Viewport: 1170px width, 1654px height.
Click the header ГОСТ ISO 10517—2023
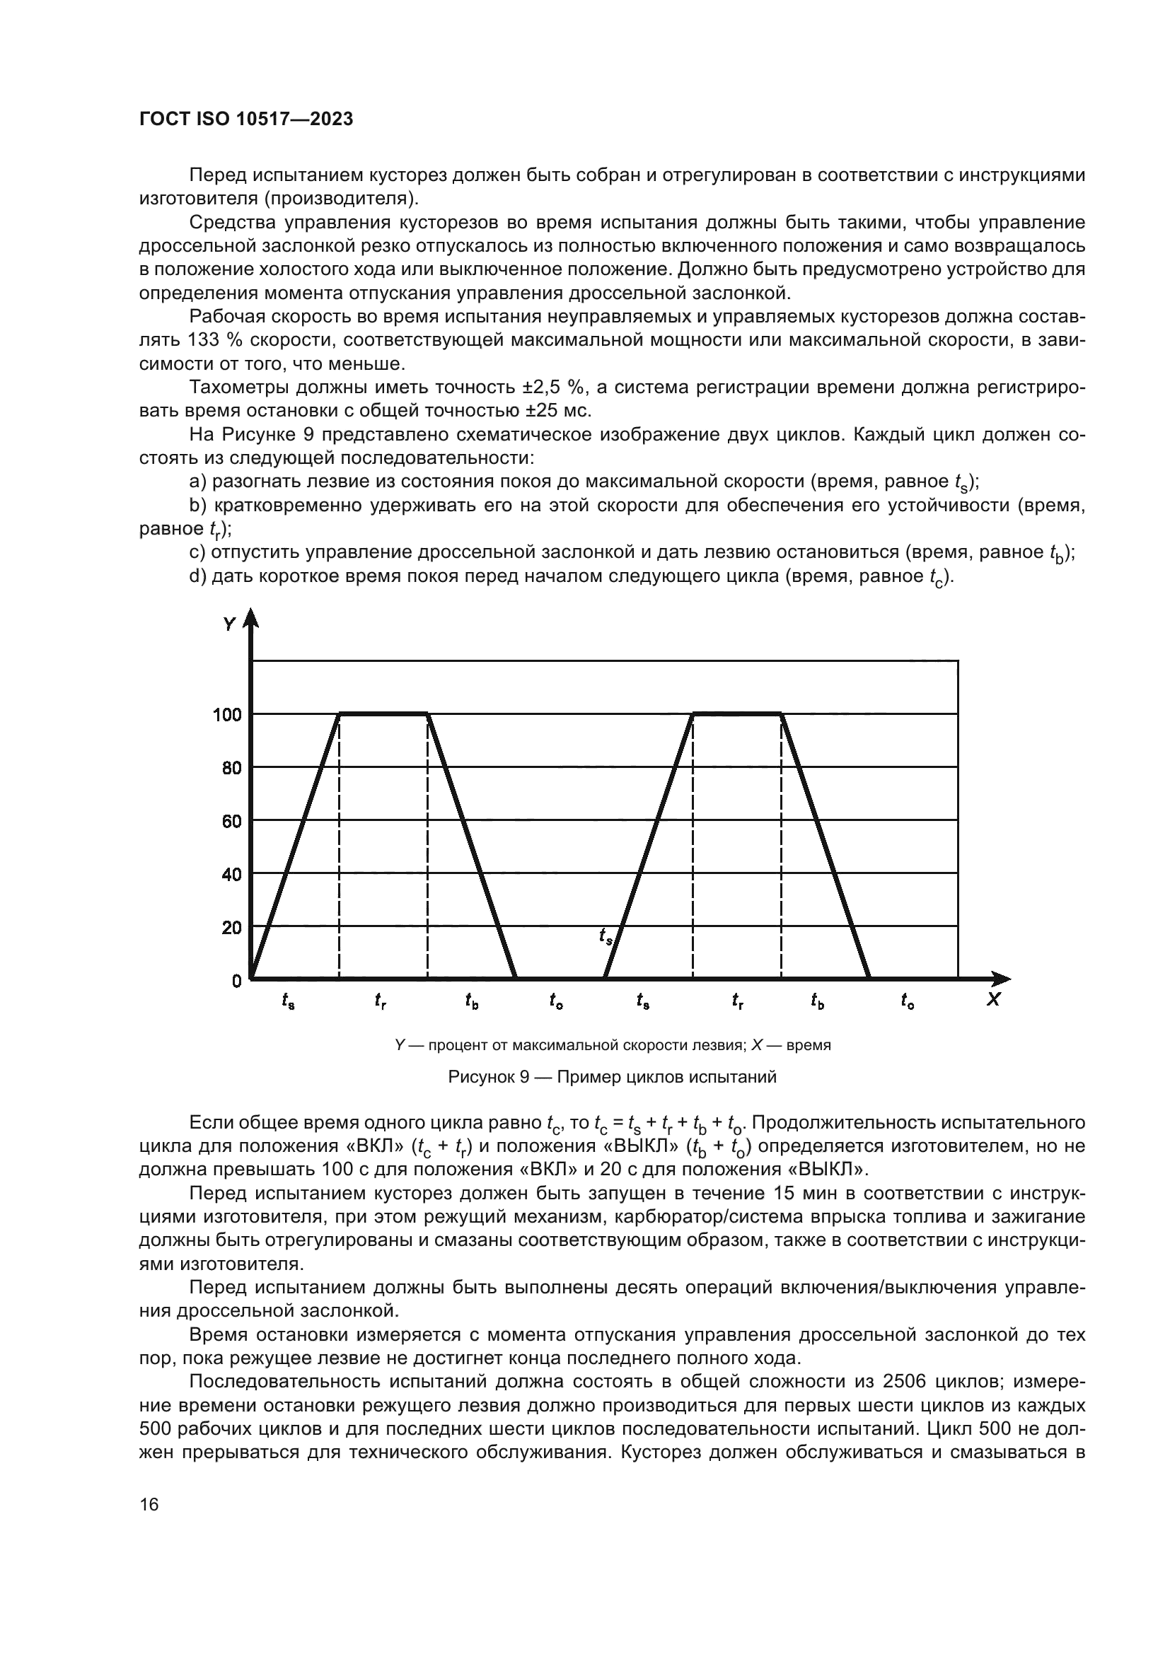click(x=245, y=120)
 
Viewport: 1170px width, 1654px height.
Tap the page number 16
click(x=149, y=1504)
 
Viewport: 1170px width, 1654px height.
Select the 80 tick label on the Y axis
click(x=231, y=768)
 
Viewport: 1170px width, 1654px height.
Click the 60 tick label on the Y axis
click(x=231, y=821)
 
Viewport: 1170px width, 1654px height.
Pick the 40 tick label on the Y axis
click(x=231, y=875)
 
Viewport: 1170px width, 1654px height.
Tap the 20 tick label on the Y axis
click(x=231, y=928)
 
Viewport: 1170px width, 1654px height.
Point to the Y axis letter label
click(x=229, y=624)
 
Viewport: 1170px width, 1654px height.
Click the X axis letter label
click(x=993, y=1000)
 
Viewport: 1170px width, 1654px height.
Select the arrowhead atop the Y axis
click(x=250, y=618)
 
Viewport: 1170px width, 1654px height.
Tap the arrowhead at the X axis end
click(x=1002, y=978)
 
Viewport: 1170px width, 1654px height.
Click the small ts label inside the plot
click(x=606, y=936)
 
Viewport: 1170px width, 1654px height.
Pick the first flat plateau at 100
click(x=383, y=714)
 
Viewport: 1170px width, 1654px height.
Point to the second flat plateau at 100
click(x=736, y=714)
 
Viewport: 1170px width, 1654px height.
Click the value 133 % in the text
click(x=217, y=340)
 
